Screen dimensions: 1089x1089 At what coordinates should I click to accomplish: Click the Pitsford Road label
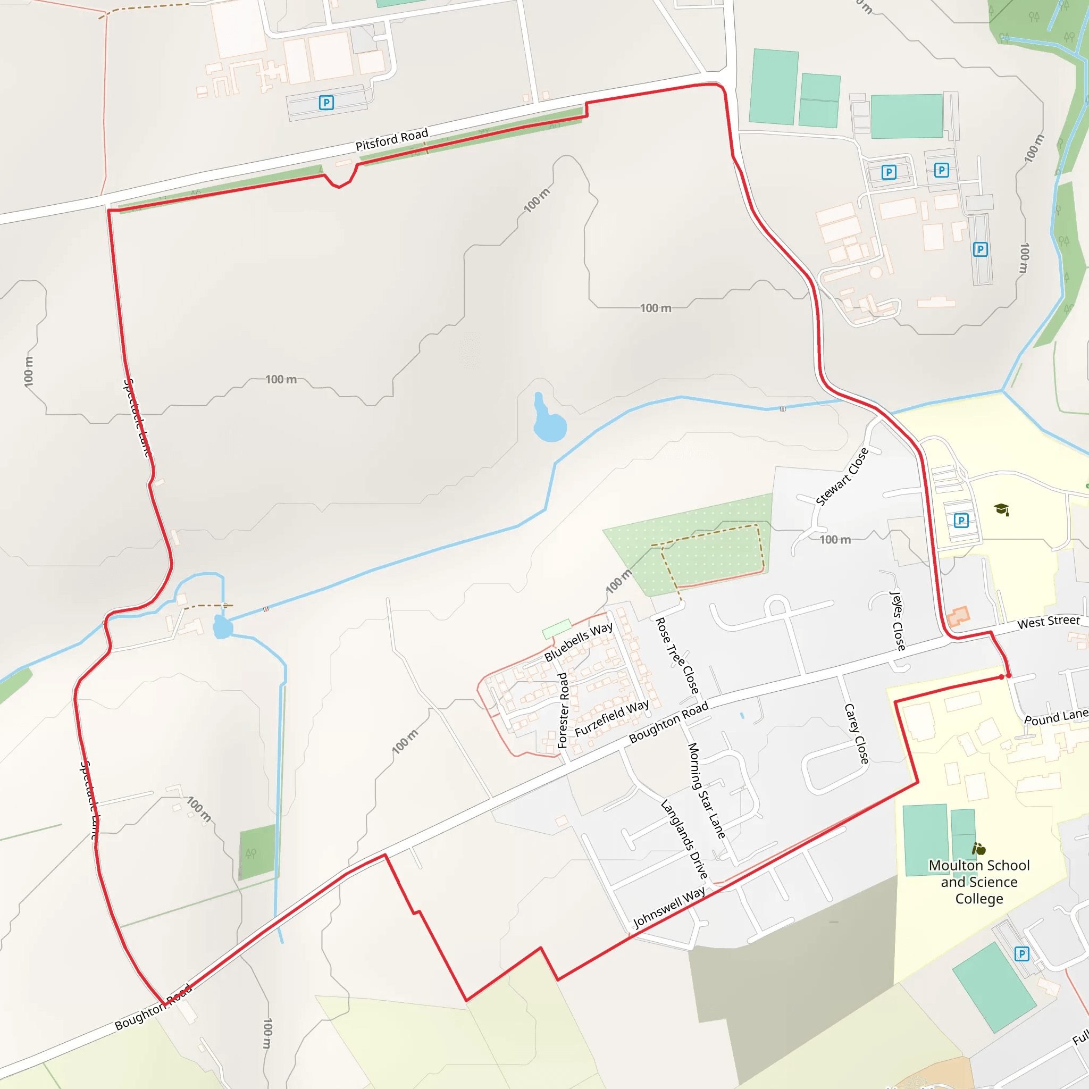pyautogui.click(x=392, y=139)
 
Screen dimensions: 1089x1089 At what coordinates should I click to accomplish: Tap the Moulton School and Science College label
pyautogui.click(x=979, y=882)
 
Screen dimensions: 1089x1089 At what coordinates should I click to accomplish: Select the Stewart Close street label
pyautogui.click(x=842, y=477)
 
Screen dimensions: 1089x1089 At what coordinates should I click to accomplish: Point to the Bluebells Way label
pyautogui.click(x=579, y=642)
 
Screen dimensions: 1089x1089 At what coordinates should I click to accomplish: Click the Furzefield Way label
pyautogui.click(x=611, y=718)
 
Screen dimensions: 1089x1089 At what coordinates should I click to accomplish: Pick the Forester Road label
pyautogui.click(x=563, y=710)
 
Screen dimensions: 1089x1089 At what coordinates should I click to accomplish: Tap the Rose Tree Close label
pyautogui.click(x=677, y=656)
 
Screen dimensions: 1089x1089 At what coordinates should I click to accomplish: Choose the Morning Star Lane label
pyautogui.click(x=706, y=790)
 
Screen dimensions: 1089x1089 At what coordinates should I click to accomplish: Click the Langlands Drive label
pyautogui.click(x=684, y=839)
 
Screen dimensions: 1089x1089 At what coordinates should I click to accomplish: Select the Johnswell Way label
pyautogui.click(x=669, y=908)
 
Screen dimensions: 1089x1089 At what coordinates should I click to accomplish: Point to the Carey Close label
pyautogui.click(x=857, y=734)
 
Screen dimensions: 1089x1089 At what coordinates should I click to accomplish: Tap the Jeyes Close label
pyautogui.click(x=897, y=620)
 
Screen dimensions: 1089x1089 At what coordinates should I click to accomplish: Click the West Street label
pyautogui.click(x=1049, y=622)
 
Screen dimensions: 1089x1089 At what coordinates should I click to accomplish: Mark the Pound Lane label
pyautogui.click(x=1055, y=717)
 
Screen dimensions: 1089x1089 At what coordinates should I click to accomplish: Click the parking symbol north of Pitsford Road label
pyautogui.click(x=326, y=103)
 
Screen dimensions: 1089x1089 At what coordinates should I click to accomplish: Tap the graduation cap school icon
pyautogui.click(x=1001, y=509)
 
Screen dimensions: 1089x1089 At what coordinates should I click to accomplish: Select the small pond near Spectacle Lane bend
pyautogui.click(x=223, y=627)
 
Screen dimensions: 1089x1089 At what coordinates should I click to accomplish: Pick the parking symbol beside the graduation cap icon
pyautogui.click(x=961, y=520)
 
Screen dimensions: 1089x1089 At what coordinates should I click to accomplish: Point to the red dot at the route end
pyautogui.click(x=1002, y=677)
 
